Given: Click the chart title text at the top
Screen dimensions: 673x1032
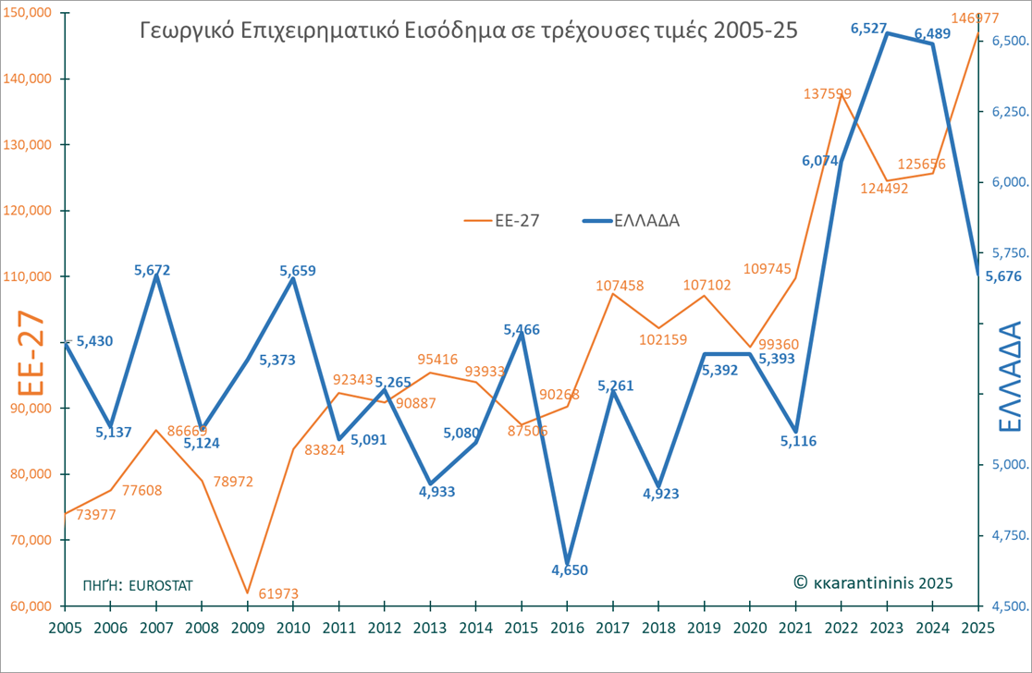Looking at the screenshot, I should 467,30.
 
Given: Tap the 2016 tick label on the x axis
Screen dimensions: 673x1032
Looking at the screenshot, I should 567,626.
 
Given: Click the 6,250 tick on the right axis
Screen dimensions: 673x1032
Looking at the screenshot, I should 1003,112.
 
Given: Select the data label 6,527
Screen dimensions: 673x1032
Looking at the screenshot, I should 869,30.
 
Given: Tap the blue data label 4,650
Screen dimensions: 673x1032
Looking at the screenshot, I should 570,570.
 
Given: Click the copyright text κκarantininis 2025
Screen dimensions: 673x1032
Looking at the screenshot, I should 872,582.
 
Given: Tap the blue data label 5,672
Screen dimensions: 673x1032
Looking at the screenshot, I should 153,270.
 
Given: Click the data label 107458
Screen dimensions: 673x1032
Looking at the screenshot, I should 620,286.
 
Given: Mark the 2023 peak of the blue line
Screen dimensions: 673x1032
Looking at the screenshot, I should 887,33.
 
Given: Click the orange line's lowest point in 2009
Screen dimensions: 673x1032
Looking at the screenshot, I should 247,593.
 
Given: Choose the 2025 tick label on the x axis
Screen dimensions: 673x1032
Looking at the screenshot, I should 979,626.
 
